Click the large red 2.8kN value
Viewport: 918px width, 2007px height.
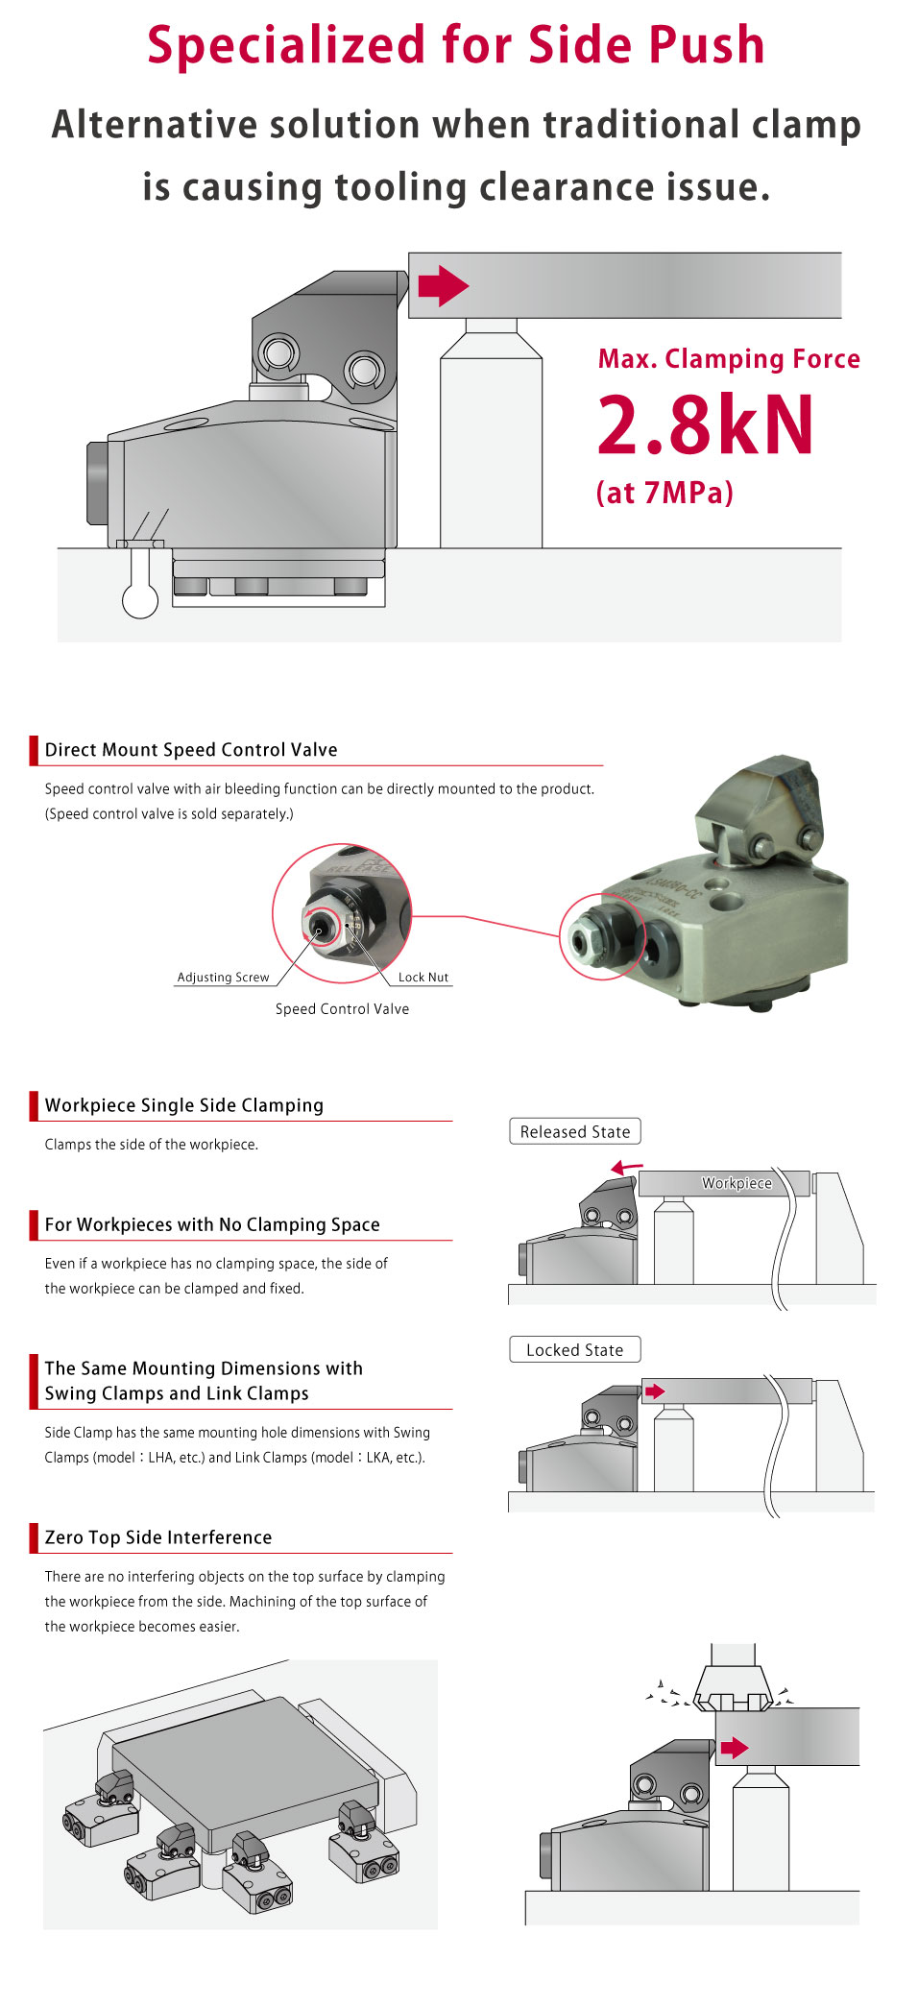705,425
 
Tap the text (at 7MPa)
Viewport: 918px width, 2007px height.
664,493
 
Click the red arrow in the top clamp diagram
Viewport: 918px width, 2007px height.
443,285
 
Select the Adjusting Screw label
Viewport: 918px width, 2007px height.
223,977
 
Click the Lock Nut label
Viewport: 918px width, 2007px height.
423,977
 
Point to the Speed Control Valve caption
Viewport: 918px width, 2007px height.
342,1008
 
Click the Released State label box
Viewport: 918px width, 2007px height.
574,1131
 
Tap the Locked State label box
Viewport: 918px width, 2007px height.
574,1349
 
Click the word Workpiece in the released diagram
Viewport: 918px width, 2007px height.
737,1183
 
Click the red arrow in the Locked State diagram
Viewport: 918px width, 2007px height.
655,1391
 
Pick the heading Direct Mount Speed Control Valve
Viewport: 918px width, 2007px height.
191,750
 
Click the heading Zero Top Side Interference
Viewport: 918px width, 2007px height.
158,1537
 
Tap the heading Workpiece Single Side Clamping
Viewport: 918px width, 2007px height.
184,1105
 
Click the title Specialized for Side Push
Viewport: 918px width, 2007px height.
456,45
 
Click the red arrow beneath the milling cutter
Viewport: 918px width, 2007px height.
734,1747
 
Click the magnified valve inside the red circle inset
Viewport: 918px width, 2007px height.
343,914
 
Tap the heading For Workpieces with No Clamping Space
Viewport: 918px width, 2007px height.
212,1224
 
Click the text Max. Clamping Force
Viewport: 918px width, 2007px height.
728,359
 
